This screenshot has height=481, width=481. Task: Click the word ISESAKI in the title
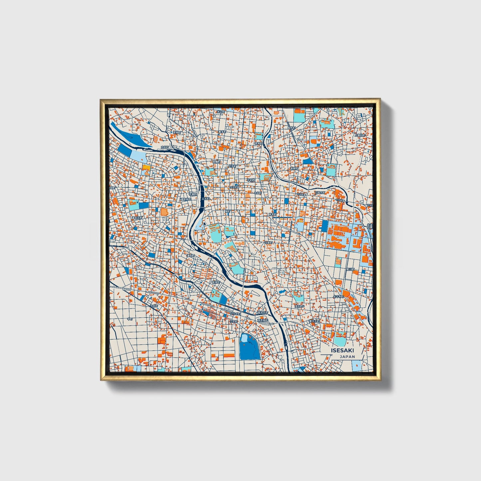click(343, 351)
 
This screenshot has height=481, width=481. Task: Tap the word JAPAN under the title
click(347, 357)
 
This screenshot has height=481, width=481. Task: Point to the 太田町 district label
click(165, 147)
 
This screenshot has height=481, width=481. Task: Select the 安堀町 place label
click(177, 132)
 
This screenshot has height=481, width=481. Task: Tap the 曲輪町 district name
click(216, 162)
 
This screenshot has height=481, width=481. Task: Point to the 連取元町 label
click(137, 218)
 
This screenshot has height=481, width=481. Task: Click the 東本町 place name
click(272, 214)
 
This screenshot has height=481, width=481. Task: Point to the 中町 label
click(130, 319)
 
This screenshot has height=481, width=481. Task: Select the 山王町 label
click(234, 322)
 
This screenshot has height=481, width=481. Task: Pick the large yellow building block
click(146, 167)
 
